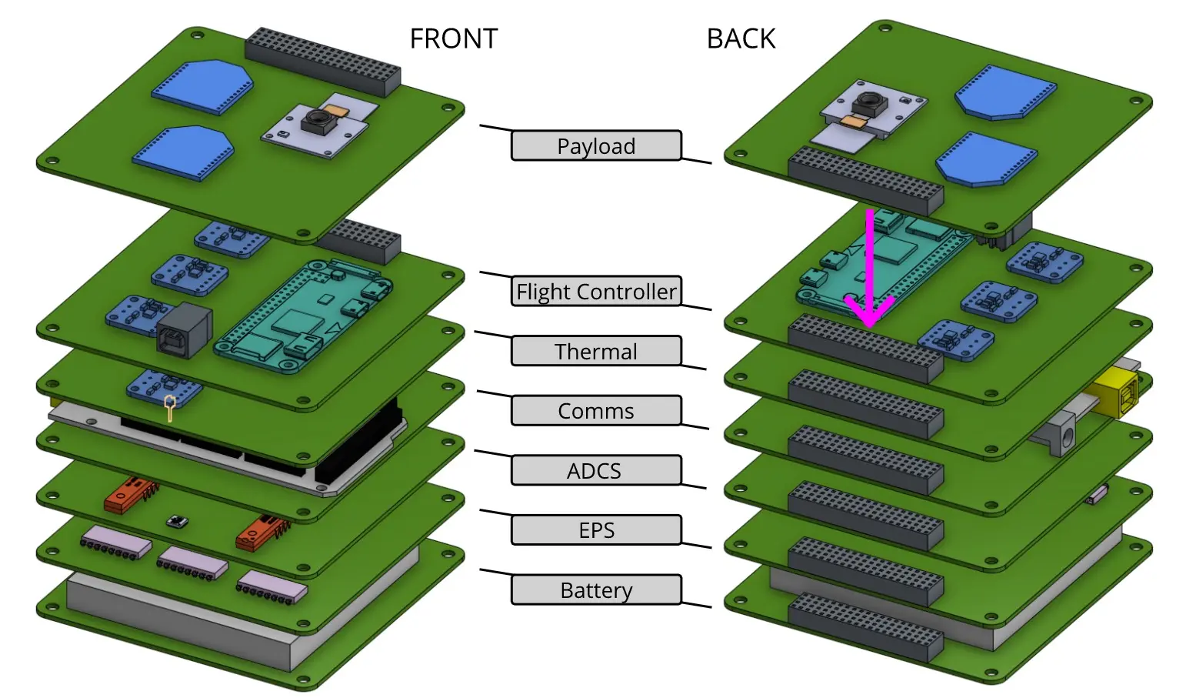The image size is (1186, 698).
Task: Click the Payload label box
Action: point(596,145)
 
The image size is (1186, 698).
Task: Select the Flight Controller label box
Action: point(596,292)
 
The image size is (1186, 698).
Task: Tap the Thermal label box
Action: point(596,351)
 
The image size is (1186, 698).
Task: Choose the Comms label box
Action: point(596,411)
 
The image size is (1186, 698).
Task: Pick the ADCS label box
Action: point(596,470)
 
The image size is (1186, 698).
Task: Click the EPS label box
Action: point(596,530)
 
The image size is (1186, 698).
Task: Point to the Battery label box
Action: point(596,590)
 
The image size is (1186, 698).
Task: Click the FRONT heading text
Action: point(454,38)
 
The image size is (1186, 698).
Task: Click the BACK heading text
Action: point(741,38)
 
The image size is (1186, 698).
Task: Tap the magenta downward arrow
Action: point(870,269)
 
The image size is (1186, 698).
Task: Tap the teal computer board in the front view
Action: point(304,316)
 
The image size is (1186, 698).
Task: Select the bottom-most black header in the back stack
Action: point(865,627)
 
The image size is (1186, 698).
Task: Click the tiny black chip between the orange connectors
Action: point(176,522)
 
